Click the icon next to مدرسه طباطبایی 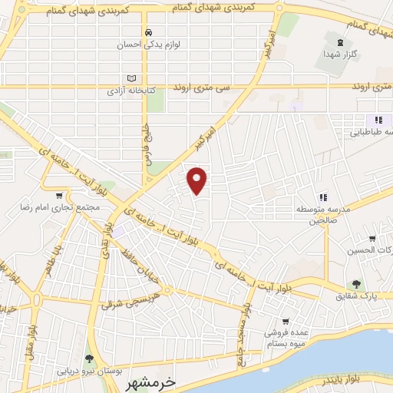(x=378, y=120)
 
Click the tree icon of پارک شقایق (x=355, y=283)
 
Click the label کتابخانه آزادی (x=129, y=90)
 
